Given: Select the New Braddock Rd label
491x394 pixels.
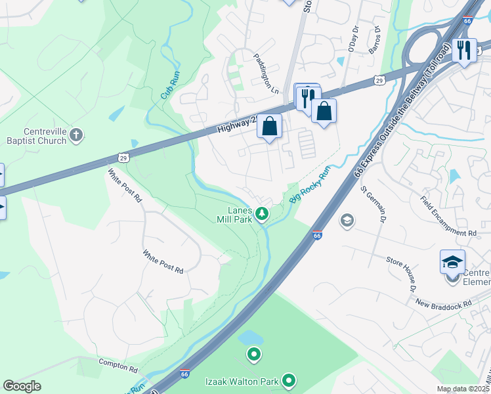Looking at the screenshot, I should click(443, 303).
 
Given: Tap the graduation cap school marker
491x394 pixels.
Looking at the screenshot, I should click(453, 262).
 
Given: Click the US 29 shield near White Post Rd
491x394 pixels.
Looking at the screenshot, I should click(123, 157).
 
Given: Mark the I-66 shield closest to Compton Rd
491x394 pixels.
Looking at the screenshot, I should click(186, 372).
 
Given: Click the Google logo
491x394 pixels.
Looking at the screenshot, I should click(22, 386).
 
